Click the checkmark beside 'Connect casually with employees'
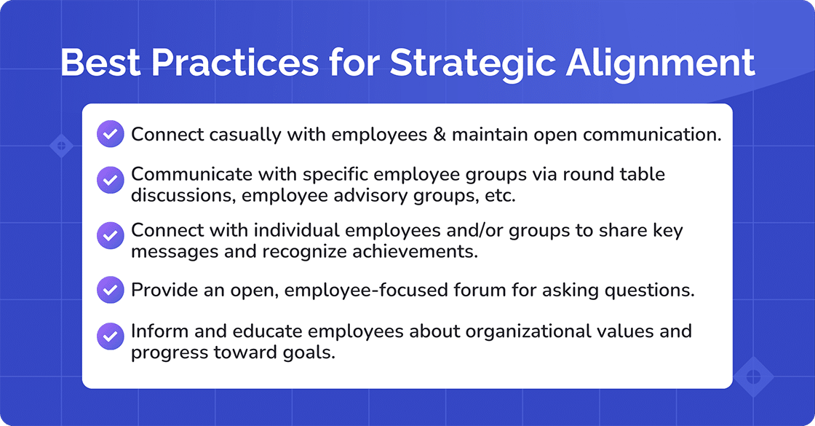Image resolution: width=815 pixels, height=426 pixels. pos(110,134)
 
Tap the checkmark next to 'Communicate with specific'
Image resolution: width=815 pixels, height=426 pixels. pos(110,180)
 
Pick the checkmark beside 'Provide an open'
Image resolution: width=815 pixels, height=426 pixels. pos(110,290)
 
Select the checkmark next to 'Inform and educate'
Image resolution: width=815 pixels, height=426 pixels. pos(110,337)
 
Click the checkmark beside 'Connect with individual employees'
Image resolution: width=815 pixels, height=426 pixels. pos(110,236)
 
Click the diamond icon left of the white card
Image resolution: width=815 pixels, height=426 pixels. pos(61,146)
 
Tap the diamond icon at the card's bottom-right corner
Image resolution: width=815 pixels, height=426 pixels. pos(752,377)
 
